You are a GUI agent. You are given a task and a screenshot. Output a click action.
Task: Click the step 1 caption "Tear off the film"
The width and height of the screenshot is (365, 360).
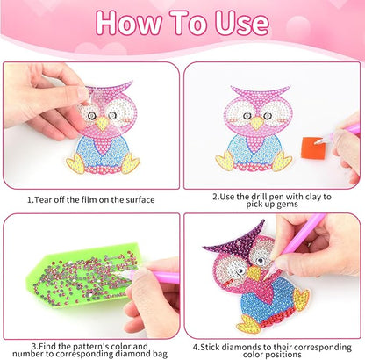point(91,196)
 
